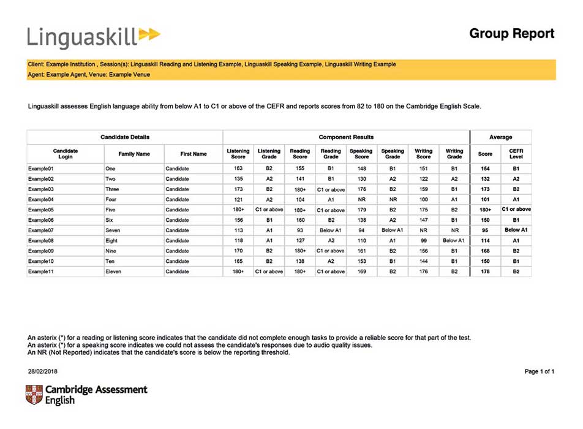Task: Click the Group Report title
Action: (511, 33)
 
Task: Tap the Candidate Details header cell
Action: (125, 137)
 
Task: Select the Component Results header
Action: (346, 137)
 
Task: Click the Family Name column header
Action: (134, 154)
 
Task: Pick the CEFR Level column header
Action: (516, 154)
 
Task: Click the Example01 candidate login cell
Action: (42, 167)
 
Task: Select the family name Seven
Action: (113, 230)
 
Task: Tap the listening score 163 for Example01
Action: (238, 167)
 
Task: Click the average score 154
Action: (485, 167)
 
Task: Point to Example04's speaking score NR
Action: (361, 199)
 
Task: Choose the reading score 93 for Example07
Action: (299, 230)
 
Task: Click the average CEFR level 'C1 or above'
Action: (516, 209)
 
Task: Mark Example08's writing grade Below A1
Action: (454, 240)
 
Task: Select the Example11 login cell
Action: (42, 271)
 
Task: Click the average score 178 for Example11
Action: (485, 271)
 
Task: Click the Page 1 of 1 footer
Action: (539, 371)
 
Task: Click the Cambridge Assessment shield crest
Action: (34, 395)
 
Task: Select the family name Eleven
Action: (113, 271)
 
